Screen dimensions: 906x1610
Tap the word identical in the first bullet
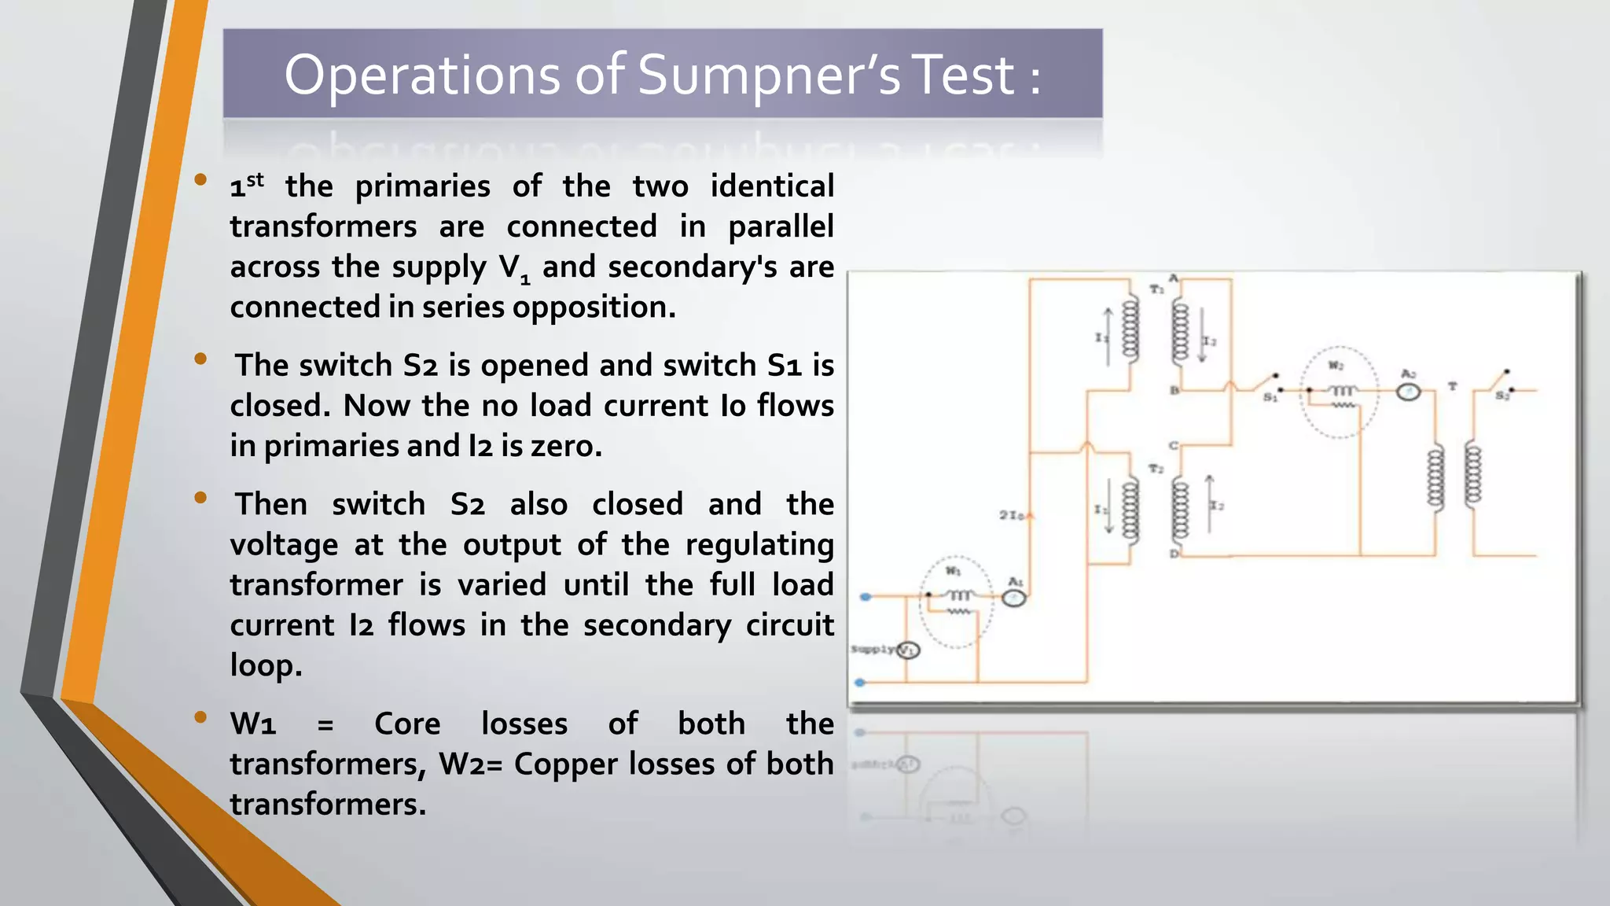click(x=771, y=186)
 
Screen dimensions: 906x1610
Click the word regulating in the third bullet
click(x=759, y=544)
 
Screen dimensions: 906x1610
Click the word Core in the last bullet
click(x=407, y=724)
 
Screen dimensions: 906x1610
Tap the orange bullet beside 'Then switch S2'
click(x=200, y=498)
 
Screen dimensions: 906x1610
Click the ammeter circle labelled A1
click(x=1014, y=598)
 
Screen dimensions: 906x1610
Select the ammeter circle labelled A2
click(x=1408, y=391)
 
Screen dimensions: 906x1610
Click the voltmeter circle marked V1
click(x=909, y=650)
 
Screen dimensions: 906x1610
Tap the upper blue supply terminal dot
click(x=866, y=597)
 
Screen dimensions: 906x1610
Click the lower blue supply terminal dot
click(x=861, y=683)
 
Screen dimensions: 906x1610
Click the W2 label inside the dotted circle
click(x=1336, y=366)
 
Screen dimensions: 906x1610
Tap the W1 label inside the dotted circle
click(x=953, y=571)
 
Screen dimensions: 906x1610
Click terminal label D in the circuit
click(x=1174, y=554)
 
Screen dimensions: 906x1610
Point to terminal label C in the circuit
click(x=1174, y=445)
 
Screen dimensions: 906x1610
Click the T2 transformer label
click(x=1156, y=469)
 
